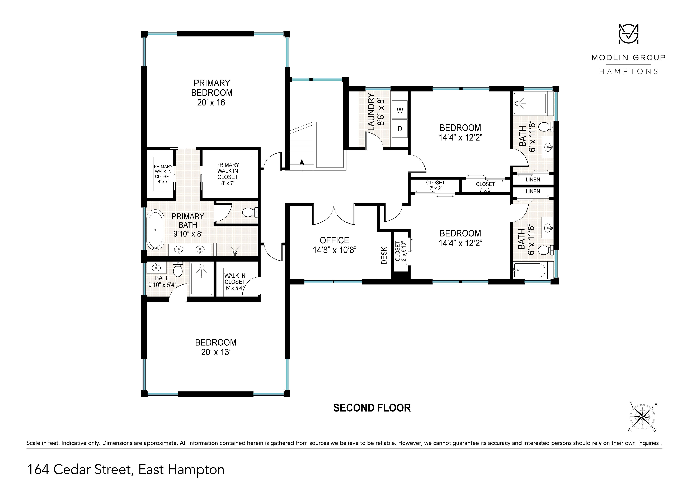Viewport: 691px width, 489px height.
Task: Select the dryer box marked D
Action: click(400, 129)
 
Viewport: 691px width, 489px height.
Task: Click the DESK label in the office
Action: click(384, 256)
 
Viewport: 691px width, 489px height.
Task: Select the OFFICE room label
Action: click(334, 240)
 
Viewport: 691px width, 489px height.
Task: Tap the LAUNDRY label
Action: click(371, 112)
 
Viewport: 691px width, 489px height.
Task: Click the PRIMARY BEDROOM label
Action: click(212, 88)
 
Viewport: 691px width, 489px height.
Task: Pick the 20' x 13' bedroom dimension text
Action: click(216, 352)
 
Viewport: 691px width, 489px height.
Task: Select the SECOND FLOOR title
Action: click(372, 408)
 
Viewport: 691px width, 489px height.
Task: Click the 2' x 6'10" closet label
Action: click(400, 251)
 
